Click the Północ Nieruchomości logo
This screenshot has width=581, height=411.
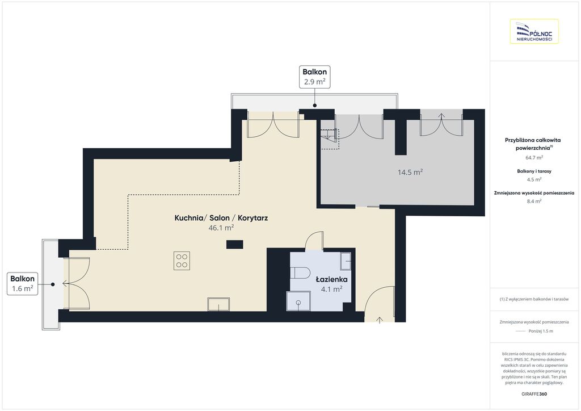[534, 31]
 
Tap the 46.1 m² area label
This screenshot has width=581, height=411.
[221, 228]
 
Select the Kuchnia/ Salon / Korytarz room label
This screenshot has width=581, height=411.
[221, 218]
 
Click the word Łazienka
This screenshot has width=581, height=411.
[331, 279]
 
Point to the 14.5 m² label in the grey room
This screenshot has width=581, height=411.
[410, 172]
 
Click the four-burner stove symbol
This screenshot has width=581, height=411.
[182, 261]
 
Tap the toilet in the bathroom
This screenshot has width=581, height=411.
[300, 273]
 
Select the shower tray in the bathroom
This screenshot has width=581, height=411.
[298, 301]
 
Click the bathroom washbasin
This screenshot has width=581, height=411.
[346, 262]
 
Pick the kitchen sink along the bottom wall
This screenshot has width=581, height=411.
[218, 304]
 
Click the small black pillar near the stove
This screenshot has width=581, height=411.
[235, 244]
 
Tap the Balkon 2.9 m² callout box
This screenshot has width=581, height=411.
[314, 77]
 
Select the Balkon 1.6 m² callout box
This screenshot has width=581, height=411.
[22, 284]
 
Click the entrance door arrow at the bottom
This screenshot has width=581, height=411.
[380, 320]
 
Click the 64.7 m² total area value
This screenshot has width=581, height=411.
[534, 157]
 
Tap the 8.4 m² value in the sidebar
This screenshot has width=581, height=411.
[534, 201]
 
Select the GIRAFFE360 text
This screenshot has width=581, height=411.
[534, 394]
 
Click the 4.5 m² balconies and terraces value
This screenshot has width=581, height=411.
[534, 179]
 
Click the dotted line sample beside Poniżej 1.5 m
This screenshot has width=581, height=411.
[521, 331]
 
